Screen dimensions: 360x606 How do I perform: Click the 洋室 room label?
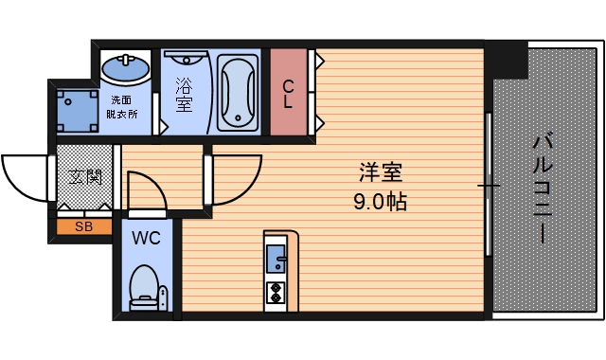[382, 173]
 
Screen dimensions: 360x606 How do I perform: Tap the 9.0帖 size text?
[382, 202]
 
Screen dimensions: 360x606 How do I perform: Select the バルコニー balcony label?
[544, 189]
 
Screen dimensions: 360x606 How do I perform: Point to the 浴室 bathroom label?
[183, 93]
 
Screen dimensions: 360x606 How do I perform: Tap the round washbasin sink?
[125, 68]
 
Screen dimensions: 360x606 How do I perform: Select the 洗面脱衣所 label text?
[122, 106]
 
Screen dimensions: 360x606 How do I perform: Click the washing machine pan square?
[73, 111]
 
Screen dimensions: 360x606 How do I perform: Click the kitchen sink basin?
[276, 256]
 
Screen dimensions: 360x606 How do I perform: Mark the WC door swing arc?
[147, 189]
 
